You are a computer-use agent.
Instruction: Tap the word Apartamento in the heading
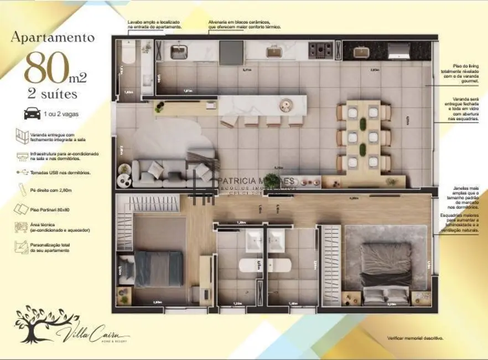(x=53, y=38)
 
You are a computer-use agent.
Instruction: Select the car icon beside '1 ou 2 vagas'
(x=31, y=114)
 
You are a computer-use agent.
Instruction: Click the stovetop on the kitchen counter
(x=320, y=50)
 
